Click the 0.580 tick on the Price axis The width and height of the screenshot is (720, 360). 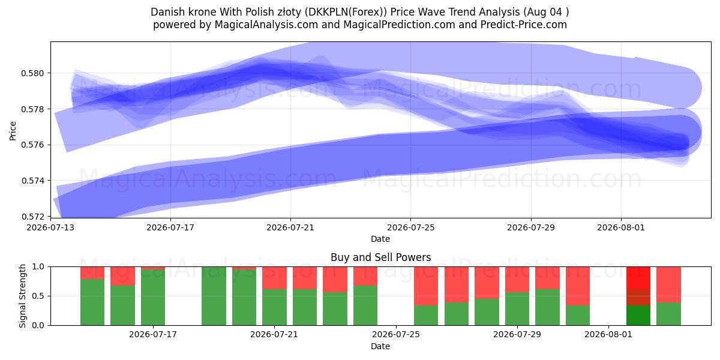click(x=32, y=73)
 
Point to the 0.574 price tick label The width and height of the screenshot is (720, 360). click(x=32, y=181)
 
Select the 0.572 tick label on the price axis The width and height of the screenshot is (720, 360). click(x=32, y=217)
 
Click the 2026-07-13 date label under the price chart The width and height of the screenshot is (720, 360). click(x=50, y=227)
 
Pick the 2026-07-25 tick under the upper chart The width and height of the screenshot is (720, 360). click(x=410, y=227)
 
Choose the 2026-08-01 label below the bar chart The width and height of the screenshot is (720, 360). click(x=608, y=334)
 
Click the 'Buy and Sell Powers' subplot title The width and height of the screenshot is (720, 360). click(x=380, y=257)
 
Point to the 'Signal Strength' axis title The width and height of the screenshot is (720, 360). click(x=22, y=296)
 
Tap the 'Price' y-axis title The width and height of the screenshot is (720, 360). click(x=13, y=131)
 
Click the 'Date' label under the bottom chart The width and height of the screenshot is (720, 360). click(x=380, y=346)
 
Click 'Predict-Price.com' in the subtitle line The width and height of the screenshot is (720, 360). click(x=523, y=25)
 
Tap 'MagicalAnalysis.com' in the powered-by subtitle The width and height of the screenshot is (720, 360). click(x=266, y=25)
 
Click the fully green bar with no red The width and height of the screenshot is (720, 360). click(x=214, y=296)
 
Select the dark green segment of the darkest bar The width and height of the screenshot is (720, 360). click(x=638, y=315)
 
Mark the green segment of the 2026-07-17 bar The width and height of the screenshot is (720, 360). click(x=152, y=298)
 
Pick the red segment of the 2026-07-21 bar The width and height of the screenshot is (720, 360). click(x=274, y=278)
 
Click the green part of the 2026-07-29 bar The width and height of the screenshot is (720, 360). click(x=517, y=308)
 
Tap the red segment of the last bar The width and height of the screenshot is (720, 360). click(x=668, y=284)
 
